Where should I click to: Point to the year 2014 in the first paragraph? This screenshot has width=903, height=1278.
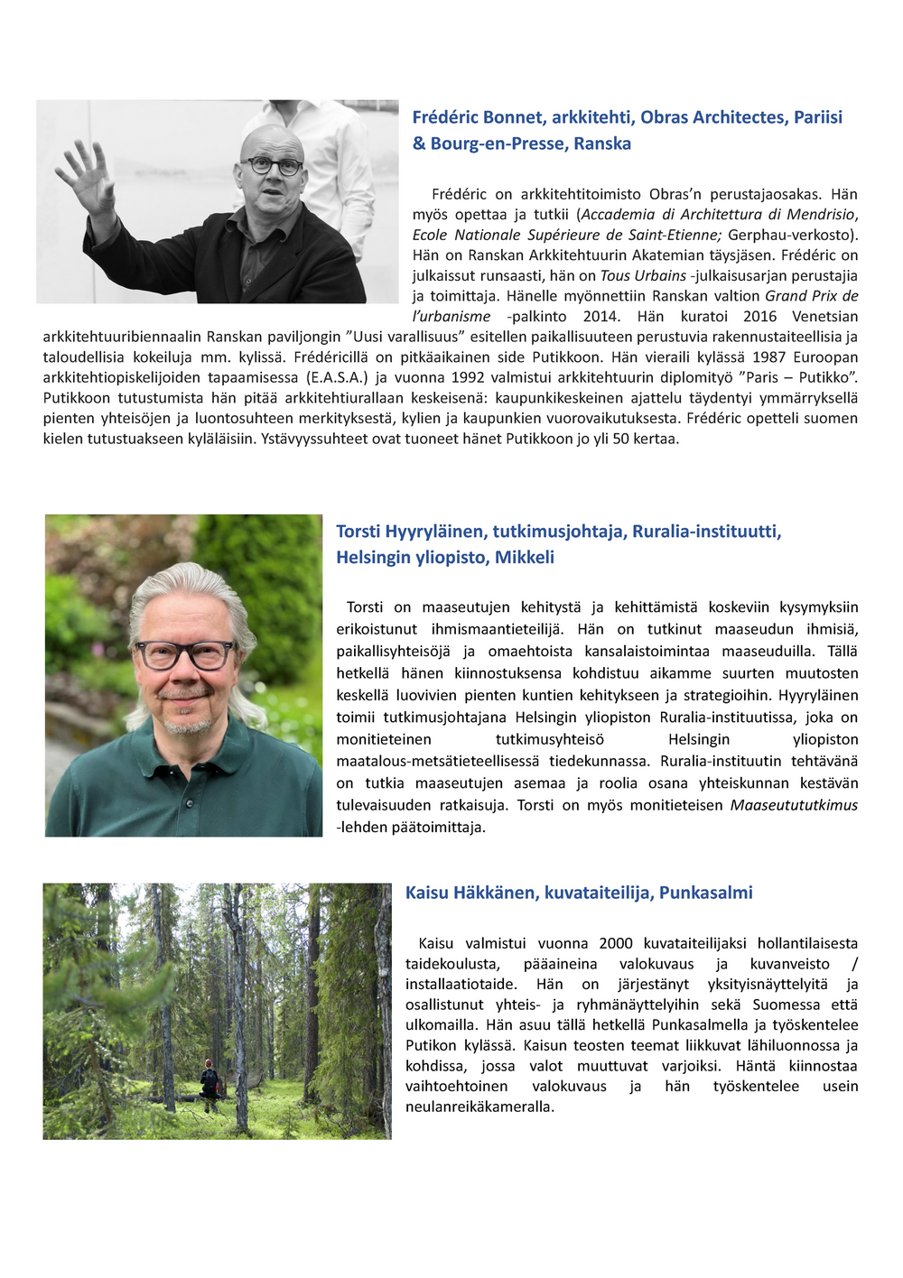click(601, 317)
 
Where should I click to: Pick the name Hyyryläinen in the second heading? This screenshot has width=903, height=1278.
click(435, 532)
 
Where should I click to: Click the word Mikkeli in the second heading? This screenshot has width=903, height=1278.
click(524, 558)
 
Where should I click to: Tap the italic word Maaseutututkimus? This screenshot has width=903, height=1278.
click(794, 805)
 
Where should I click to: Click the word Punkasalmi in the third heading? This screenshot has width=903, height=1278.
click(705, 893)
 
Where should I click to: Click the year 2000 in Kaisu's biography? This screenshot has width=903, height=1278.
click(616, 943)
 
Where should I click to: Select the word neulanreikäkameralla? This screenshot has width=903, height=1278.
click(479, 1107)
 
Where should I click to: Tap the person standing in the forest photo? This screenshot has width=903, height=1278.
click(210, 1082)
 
